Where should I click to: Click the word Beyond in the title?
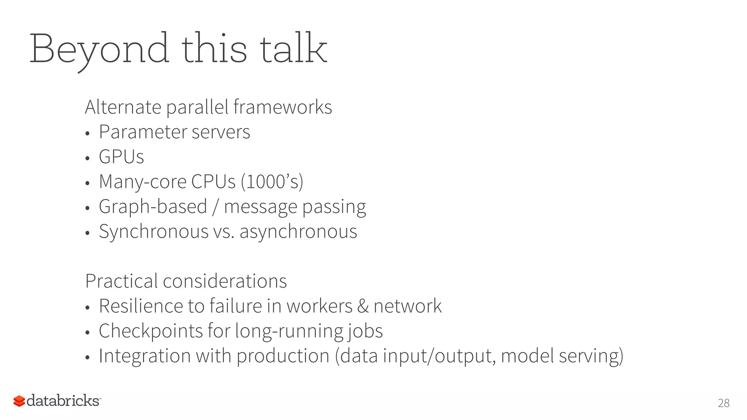point(99,49)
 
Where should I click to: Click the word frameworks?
point(283,107)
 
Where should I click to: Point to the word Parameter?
point(142,132)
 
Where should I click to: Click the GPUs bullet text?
point(121,157)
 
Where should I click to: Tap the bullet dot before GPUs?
point(87,158)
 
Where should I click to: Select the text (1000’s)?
point(272,182)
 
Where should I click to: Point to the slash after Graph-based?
point(216,207)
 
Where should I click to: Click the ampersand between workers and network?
point(363,306)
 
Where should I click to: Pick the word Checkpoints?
point(151,331)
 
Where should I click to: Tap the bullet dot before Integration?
point(87,357)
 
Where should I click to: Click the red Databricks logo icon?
point(19,401)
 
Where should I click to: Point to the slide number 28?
point(724,403)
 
